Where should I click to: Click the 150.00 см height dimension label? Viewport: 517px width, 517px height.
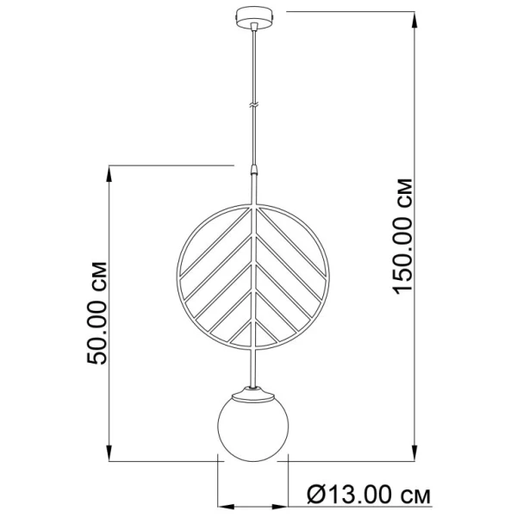402,236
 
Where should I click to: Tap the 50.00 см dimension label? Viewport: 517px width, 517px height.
97,313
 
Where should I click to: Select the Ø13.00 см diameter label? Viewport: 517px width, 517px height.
369,495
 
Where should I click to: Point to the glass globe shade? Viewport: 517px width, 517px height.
252,429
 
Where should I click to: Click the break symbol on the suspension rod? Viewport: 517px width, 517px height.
253,104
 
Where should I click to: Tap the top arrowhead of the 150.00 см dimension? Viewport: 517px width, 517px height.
414,20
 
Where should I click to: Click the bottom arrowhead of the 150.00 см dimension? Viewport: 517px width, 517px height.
414,452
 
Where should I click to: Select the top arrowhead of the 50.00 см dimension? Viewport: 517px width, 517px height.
109,174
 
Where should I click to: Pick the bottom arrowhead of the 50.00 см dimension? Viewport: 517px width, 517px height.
109,452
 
